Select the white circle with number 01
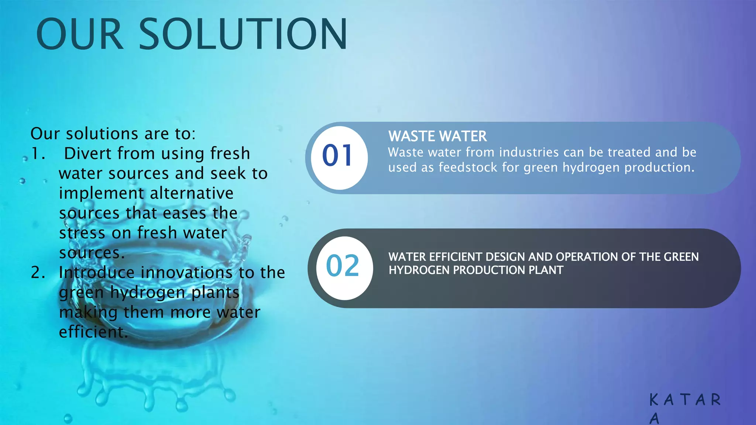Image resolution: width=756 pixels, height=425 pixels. [x=339, y=158]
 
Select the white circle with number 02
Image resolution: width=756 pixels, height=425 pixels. [x=344, y=268]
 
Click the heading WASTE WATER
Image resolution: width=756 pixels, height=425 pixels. [x=437, y=137]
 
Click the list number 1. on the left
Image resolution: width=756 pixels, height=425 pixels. [x=38, y=153]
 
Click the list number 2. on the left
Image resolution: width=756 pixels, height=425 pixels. [x=38, y=273]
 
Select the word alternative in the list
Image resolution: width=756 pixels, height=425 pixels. [x=192, y=193]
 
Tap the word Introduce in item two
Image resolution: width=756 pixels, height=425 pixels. [x=97, y=273]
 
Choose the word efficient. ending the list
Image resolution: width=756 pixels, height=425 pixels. [x=93, y=332]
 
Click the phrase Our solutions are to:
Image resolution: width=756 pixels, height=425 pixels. [x=113, y=134]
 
